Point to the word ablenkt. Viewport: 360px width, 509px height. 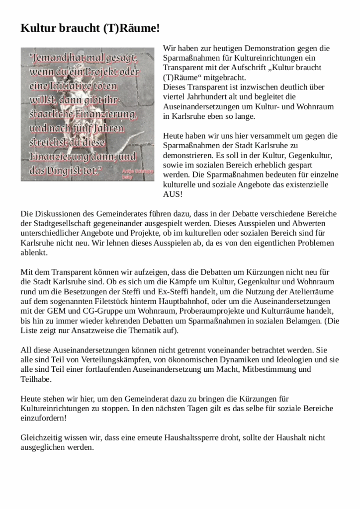pos(34,252)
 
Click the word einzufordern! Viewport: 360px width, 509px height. pos(44,418)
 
